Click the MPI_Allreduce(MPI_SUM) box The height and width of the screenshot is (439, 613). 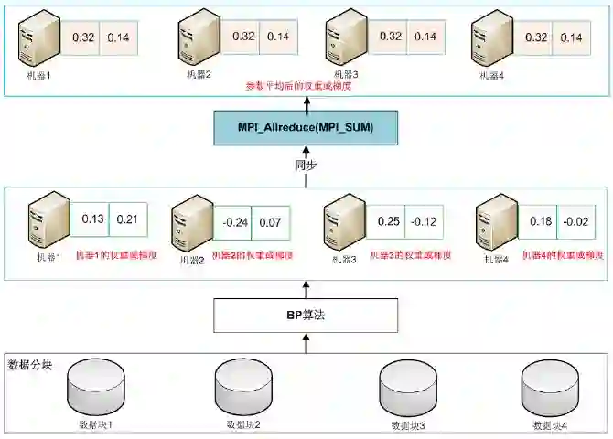[x=306, y=125]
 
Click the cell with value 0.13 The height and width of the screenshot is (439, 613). [x=92, y=219]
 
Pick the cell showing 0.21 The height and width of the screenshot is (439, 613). [x=127, y=219]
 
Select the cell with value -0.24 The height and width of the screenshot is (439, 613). [x=236, y=222]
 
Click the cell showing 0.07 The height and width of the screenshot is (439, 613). [x=271, y=222]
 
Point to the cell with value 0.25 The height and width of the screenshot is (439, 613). [x=389, y=221]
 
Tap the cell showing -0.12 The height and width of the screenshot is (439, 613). [x=423, y=221]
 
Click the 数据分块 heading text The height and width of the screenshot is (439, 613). [x=30, y=365]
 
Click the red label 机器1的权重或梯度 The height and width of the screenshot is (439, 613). [x=115, y=255]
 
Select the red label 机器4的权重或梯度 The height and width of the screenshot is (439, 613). [x=562, y=255]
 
